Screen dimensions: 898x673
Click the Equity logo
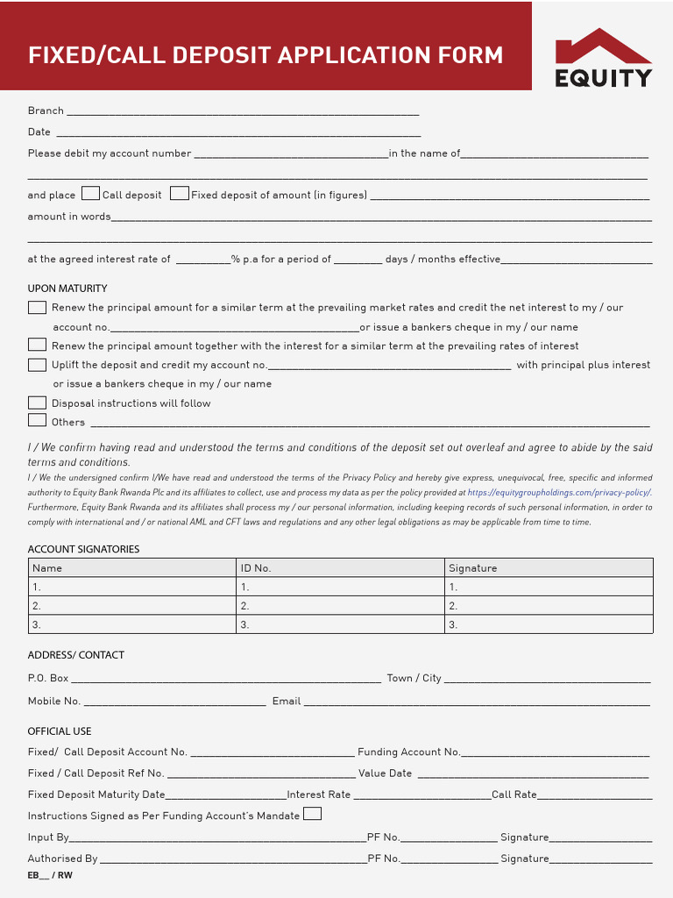pyautogui.click(x=603, y=58)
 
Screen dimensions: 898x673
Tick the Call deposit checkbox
pyautogui.click(x=90, y=194)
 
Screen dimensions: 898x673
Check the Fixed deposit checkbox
pyautogui.click(x=180, y=194)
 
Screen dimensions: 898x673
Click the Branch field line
pyautogui.click(x=243, y=111)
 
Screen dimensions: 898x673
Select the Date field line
pyautogui.click(x=237, y=132)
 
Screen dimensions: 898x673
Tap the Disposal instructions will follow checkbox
pyautogui.click(x=37, y=403)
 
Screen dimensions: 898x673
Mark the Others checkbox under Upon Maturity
pyautogui.click(x=37, y=421)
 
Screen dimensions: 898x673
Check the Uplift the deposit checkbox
pyautogui.click(x=37, y=365)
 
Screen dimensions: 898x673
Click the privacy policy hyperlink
pyautogui.click(x=559, y=493)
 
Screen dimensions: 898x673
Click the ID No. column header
pyautogui.click(x=256, y=568)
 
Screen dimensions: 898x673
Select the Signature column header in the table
pyautogui.click(x=473, y=568)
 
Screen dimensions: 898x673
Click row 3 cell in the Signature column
pyautogui.click(x=549, y=624)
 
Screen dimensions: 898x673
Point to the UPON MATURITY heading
pyautogui.click(x=67, y=289)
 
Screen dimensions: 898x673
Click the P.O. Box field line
pyautogui.click(x=225, y=679)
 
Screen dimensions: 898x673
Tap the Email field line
pyautogui.click(x=477, y=702)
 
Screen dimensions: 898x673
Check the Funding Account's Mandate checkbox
pyautogui.click(x=312, y=814)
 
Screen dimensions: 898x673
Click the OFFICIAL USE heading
pyautogui.click(x=60, y=731)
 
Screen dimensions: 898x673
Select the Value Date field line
pyautogui.click(x=532, y=774)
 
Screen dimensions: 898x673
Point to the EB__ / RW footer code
pyautogui.click(x=50, y=875)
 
